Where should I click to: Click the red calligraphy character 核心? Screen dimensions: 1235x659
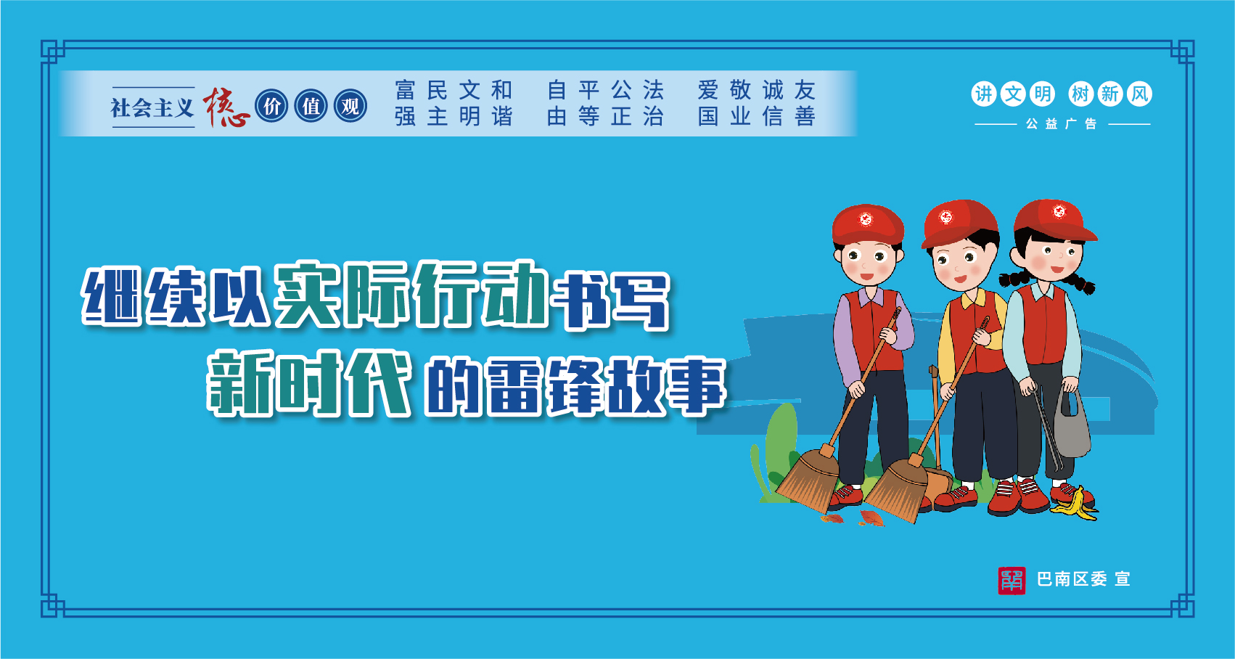(x=226, y=107)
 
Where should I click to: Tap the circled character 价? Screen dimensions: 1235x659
(x=271, y=106)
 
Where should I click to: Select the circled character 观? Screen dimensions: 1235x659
(x=350, y=106)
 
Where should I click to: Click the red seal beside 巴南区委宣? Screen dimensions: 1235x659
(x=1012, y=580)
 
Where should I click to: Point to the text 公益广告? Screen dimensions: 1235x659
(x=1062, y=124)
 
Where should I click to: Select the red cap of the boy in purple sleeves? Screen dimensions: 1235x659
(x=868, y=224)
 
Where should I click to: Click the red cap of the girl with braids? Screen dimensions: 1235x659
(x=1054, y=219)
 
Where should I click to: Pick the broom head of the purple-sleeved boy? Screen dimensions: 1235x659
(x=808, y=479)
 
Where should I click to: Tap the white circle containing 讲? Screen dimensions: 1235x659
(x=984, y=94)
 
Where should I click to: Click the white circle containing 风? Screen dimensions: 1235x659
(x=1139, y=94)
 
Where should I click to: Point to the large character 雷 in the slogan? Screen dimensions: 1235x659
(x=513, y=386)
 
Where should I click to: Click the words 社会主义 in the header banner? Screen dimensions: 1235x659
(x=152, y=107)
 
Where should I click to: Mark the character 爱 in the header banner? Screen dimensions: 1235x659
(x=708, y=90)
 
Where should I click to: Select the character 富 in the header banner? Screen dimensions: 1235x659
(x=405, y=90)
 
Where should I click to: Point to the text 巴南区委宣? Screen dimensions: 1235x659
(x=1083, y=580)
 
